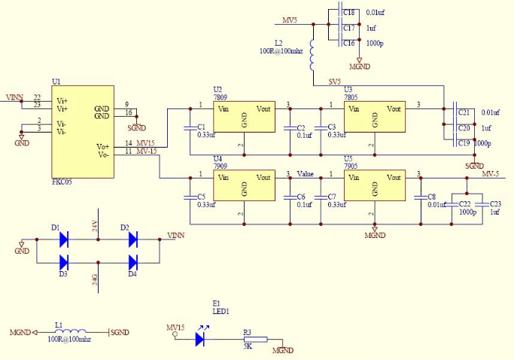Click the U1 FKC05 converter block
(83, 132)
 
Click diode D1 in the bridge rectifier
(64, 239)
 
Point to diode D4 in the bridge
(133, 263)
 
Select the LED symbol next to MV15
(200, 339)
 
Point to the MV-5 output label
(490, 174)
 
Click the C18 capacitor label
(349, 13)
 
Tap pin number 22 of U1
(37, 98)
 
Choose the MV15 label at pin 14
(146, 143)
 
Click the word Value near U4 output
(305, 174)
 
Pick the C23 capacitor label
(494, 203)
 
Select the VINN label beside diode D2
(175, 235)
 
